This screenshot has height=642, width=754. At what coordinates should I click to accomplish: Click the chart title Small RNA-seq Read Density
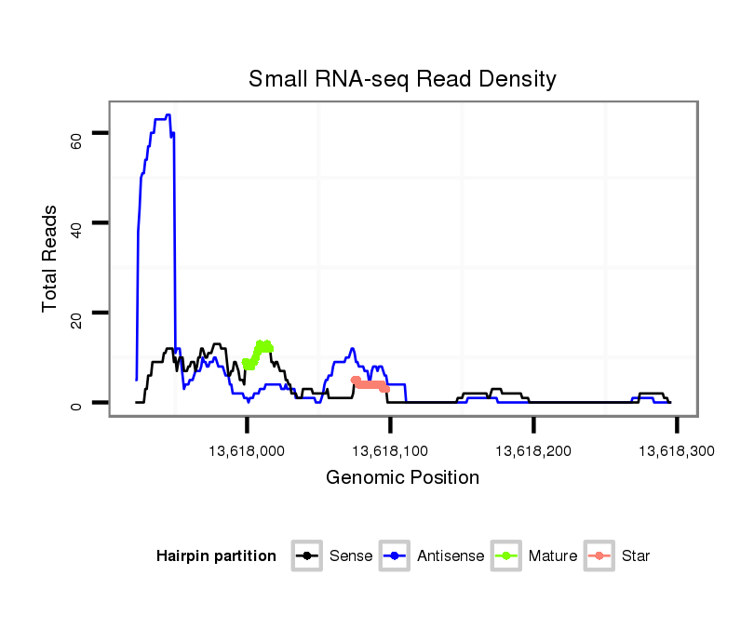pyautogui.click(x=402, y=79)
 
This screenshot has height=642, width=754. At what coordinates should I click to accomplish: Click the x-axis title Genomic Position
pyautogui.click(x=402, y=478)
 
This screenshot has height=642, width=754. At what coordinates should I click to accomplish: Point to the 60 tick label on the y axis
pyautogui.click(x=76, y=140)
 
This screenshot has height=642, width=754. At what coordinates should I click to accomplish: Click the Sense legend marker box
pyautogui.click(x=306, y=556)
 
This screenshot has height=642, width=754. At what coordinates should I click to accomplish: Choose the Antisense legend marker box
pyautogui.click(x=395, y=556)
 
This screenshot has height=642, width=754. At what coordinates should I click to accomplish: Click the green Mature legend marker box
pyautogui.click(x=506, y=556)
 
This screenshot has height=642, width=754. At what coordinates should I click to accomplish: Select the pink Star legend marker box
pyautogui.click(x=599, y=556)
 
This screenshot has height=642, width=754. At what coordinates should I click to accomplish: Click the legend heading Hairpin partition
pyautogui.click(x=216, y=556)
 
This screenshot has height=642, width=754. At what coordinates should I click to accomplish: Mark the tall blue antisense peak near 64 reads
pyautogui.click(x=167, y=116)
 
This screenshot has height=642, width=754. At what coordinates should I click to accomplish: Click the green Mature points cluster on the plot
pyautogui.click(x=260, y=352)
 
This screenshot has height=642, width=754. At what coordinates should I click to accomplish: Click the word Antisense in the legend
pyautogui.click(x=451, y=556)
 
